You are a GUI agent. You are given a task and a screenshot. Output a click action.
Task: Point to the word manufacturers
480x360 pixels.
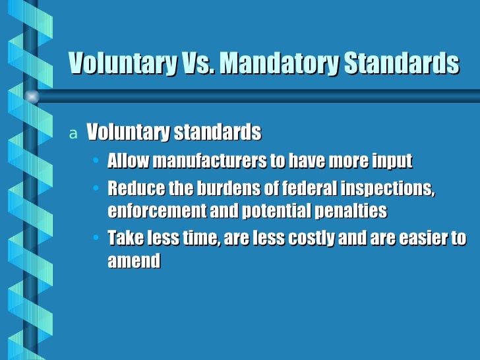[x=214, y=161]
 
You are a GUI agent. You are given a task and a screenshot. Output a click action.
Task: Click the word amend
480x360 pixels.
[x=134, y=261]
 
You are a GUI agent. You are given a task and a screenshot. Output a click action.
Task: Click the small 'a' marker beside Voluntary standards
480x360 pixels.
[x=73, y=134]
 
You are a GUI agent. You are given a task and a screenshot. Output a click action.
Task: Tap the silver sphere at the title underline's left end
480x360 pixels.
[x=31, y=96]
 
